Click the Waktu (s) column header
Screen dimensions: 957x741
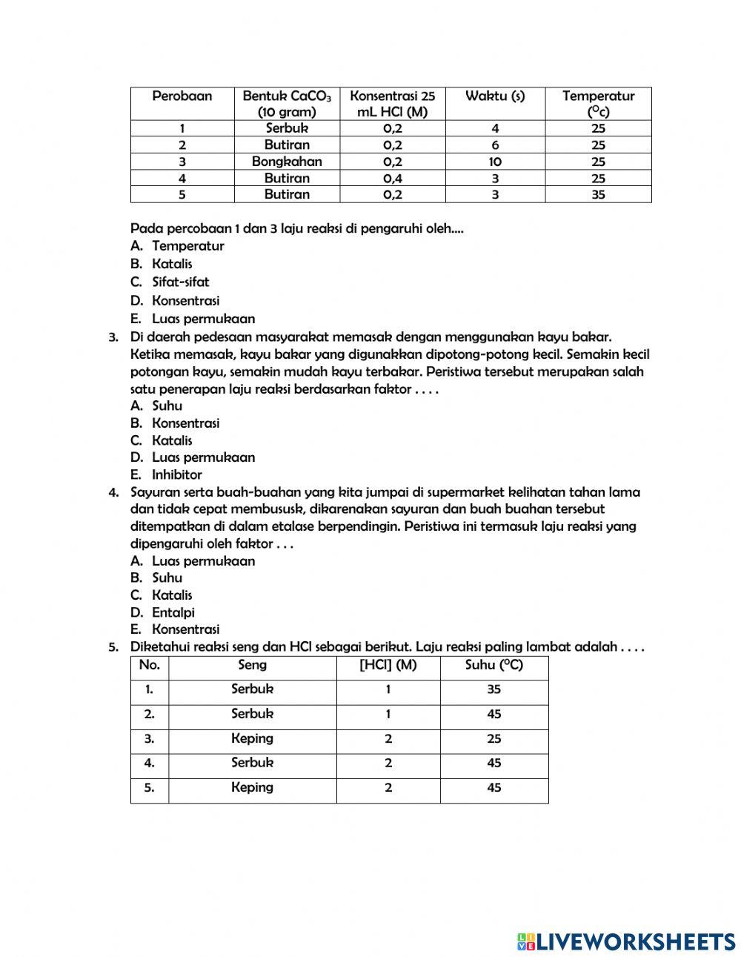[495, 96]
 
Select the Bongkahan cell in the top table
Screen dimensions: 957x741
[287, 162]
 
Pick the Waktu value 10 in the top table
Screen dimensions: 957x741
[495, 162]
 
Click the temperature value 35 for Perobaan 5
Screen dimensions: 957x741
[598, 194]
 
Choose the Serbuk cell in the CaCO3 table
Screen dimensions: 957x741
[287, 128]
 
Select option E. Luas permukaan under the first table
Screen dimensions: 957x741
[193, 319]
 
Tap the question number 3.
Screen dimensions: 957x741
[113, 338]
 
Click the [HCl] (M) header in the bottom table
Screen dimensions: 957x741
[388, 666]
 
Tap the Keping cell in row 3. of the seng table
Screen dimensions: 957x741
[252, 738]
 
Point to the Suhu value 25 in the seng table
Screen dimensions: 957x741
[494, 739]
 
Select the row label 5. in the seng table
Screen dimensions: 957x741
[150, 788]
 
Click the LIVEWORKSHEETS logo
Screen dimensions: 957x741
[626, 941]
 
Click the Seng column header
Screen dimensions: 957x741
[252, 666]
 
